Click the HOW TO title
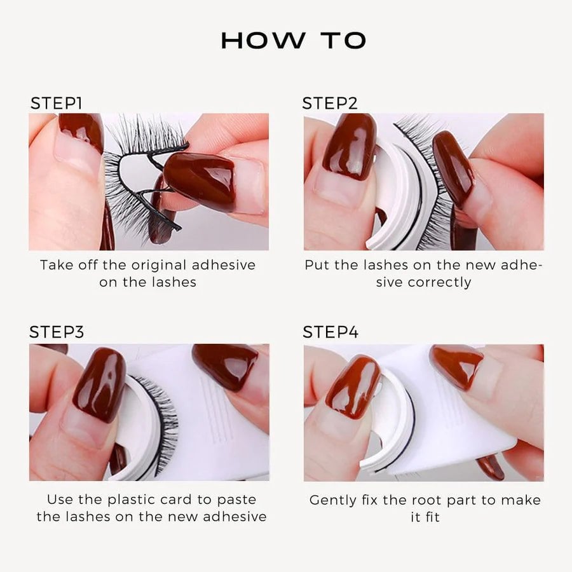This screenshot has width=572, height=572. click(x=293, y=41)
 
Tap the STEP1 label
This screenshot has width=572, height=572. click(x=56, y=104)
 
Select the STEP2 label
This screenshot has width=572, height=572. click(x=330, y=104)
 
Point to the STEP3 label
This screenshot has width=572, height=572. click(x=57, y=332)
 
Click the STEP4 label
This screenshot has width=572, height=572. click(x=330, y=332)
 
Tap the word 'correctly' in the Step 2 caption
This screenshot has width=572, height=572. click(x=439, y=282)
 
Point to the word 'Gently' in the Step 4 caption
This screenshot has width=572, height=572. click(x=332, y=500)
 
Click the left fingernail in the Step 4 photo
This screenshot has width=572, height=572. click(x=353, y=386)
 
